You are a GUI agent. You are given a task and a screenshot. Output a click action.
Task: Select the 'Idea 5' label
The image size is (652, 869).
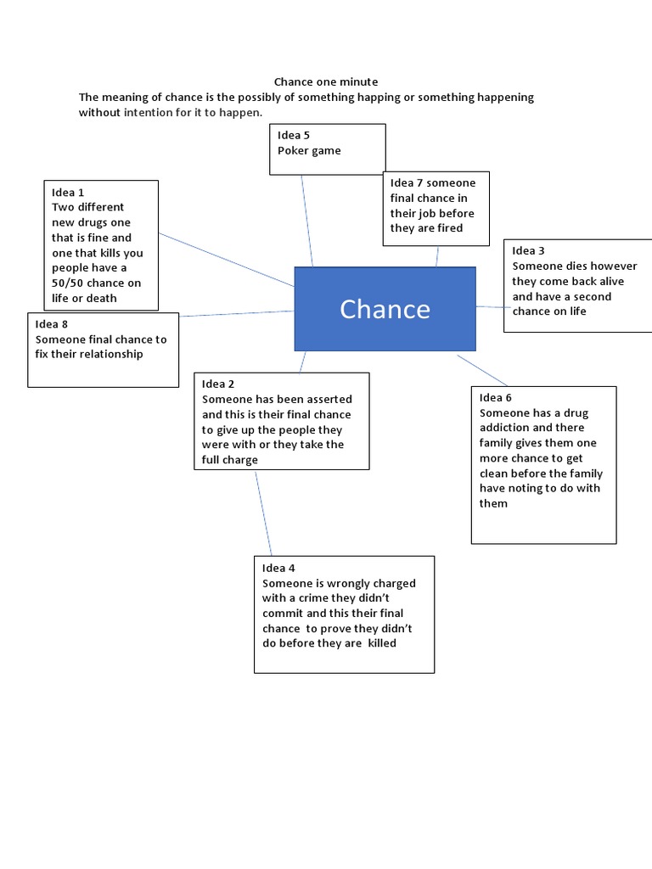pos(294,135)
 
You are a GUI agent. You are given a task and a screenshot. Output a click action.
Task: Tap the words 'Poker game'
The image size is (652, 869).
pos(309,150)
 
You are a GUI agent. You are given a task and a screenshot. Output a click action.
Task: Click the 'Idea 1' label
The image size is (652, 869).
pos(68,193)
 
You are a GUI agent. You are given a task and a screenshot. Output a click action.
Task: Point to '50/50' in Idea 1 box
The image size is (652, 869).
pos(70,283)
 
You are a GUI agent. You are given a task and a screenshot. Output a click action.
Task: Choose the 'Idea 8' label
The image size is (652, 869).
pos(52,324)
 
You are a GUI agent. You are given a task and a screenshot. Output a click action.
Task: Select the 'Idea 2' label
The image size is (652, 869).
pos(218,384)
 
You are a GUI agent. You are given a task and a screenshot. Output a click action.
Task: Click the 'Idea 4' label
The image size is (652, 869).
pos(278,568)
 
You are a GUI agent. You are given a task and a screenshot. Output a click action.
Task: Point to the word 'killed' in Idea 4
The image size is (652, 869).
pos(381,643)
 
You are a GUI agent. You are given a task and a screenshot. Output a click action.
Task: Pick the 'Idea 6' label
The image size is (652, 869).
pos(496,398)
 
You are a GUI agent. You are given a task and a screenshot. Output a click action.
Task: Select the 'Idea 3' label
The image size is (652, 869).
pos(528,250)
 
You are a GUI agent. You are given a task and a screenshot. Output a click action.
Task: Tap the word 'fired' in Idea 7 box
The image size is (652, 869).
pos(459,228)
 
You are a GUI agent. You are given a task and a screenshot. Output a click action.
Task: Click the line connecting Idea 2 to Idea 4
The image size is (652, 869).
pos(263,513)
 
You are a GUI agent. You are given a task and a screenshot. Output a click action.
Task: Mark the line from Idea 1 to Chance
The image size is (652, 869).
pos(227,259)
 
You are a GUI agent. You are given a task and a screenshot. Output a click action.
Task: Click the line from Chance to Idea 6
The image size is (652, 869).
pos(482,369)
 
